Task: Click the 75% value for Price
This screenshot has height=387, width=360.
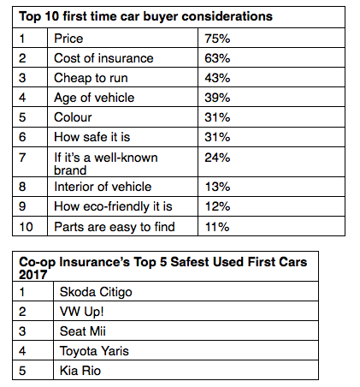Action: point(217,39)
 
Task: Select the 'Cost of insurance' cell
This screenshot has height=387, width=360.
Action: point(103,58)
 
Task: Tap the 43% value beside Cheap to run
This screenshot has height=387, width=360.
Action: point(217,78)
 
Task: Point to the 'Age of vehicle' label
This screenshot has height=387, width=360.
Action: point(94,98)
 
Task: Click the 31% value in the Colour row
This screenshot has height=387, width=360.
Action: point(217,117)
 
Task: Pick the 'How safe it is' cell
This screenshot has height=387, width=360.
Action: point(92,137)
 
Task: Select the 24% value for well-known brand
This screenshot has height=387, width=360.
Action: point(217,158)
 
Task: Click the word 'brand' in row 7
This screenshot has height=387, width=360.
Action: point(70,170)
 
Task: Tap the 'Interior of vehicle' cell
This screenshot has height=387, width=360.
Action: point(103,187)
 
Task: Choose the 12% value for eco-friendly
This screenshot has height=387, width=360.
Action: point(217,206)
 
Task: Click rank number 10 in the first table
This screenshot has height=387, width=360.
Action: point(26,227)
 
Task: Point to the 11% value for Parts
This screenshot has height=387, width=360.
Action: point(217,227)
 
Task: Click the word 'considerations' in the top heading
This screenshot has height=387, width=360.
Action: point(227,16)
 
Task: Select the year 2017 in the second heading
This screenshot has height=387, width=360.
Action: point(32,275)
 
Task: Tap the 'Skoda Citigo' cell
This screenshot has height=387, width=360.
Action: point(96,292)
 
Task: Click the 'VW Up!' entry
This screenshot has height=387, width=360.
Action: point(81,312)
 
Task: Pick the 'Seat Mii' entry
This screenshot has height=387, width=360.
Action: point(83,331)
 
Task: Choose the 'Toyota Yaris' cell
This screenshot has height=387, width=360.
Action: point(94,351)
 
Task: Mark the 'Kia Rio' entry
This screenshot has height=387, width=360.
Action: point(80,371)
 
